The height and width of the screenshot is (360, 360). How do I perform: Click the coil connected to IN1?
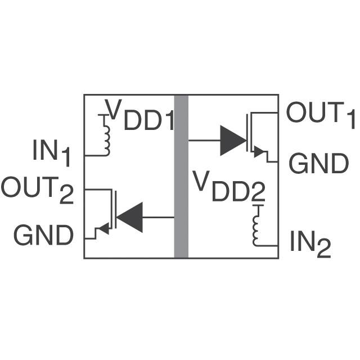point(105,135)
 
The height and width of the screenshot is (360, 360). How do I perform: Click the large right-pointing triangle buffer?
point(233,140)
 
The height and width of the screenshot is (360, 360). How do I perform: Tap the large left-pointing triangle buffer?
point(130,217)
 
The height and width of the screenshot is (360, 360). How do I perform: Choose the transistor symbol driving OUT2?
point(110,214)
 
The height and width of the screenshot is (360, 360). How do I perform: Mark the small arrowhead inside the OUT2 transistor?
point(103,229)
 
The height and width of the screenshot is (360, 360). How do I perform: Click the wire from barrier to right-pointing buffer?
point(204,140)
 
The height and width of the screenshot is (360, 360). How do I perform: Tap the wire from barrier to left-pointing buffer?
point(159,217)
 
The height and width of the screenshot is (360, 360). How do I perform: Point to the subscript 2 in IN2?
point(323,251)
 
